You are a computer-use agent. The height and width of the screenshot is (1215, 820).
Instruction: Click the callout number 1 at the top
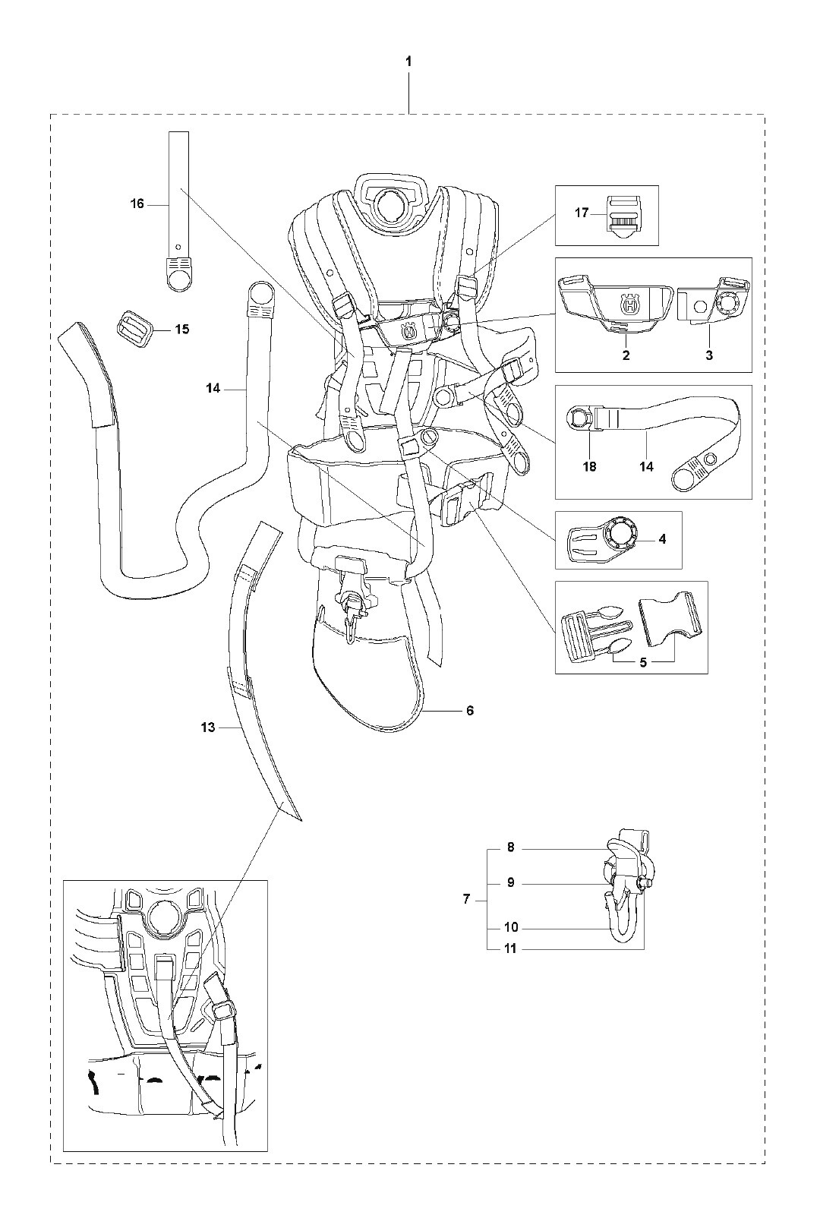click(408, 62)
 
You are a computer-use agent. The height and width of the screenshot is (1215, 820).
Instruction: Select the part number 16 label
click(137, 204)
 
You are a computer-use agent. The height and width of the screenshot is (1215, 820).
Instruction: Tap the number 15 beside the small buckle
click(181, 330)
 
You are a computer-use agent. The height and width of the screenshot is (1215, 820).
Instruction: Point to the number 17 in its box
click(582, 213)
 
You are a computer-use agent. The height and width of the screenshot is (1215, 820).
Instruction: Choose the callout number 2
click(626, 355)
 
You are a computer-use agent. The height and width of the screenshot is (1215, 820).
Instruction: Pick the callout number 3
click(709, 355)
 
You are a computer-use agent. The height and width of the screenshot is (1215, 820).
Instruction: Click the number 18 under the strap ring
click(589, 466)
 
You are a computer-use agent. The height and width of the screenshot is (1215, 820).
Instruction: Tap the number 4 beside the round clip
click(662, 539)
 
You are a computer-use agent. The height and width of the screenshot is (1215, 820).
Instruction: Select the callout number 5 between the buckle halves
click(642, 662)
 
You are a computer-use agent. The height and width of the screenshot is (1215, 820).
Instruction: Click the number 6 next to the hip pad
click(470, 710)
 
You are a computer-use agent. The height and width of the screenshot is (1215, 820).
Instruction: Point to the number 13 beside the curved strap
click(208, 727)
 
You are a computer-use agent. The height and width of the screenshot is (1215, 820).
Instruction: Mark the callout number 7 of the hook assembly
click(466, 899)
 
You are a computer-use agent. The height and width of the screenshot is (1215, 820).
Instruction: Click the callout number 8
click(511, 847)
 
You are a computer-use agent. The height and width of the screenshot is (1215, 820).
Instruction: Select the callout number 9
click(511, 882)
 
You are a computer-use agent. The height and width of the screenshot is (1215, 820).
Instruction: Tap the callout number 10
click(510, 927)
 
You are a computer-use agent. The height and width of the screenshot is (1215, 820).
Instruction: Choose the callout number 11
click(510, 948)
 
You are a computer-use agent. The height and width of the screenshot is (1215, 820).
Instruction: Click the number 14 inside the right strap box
click(646, 466)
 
